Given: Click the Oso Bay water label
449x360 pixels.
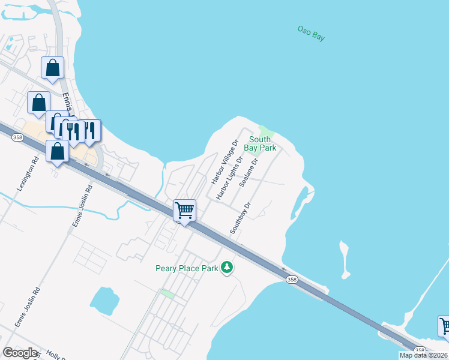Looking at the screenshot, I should [x=311, y=33].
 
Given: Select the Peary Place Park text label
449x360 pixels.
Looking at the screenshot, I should [x=187, y=268].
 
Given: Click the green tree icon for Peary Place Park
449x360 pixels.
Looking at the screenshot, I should [x=226, y=267].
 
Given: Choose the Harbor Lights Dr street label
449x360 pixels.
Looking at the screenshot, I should [x=231, y=178].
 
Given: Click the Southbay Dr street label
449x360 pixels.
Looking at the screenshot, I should [x=239, y=218].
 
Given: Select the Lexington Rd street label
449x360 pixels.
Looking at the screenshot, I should [x=27, y=174].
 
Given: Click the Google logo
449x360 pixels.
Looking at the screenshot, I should [x=20, y=353].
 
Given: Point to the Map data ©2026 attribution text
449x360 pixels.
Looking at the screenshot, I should [x=424, y=355].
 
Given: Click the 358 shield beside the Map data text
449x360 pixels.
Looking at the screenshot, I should [x=420, y=350].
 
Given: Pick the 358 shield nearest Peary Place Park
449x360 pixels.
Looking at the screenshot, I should [x=291, y=279].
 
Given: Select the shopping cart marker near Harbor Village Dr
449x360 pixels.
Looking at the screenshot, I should [x=184, y=211].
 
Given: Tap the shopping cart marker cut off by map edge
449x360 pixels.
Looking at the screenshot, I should [x=444, y=326].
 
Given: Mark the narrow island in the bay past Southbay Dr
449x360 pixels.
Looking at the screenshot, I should [x=344, y=259].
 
